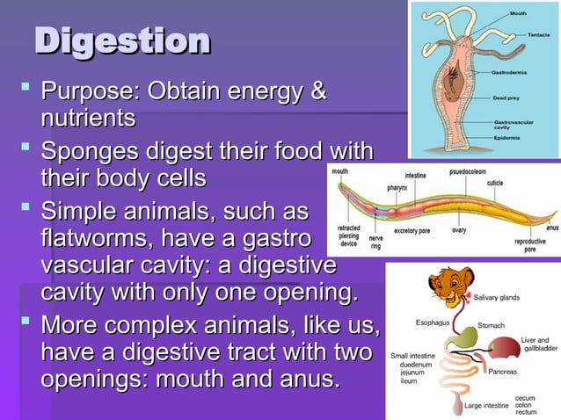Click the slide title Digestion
(122, 40)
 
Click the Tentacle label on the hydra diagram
(539, 34)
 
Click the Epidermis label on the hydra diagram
(531, 139)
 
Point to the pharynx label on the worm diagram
(397, 187)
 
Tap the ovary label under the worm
(458, 230)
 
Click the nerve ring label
(375, 242)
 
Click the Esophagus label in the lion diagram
(433, 322)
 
